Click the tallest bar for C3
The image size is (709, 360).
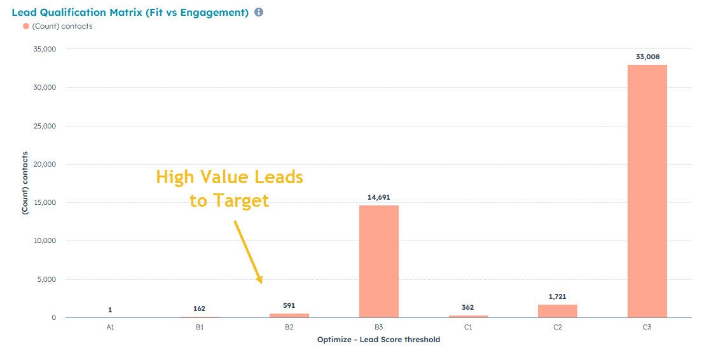(x=647, y=191)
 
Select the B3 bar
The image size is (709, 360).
(x=378, y=261)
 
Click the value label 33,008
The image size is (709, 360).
(x=647, y=57)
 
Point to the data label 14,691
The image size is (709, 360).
(x=378, y=197)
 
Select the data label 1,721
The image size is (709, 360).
(x=557, y=296)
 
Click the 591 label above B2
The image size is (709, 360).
(x=289, y=305)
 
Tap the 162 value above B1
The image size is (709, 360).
(x=199, y=308)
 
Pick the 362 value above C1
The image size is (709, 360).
(x=467, y=307)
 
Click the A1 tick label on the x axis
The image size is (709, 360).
(x=110, y=327)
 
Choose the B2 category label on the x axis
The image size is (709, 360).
(x=289, y=327)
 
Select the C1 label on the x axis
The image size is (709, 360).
(x=467, y=327)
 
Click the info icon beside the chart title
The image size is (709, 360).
(x=259, y=12)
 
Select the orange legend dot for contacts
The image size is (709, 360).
(x=25, y=26)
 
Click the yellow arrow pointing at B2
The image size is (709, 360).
(x=248, y=252)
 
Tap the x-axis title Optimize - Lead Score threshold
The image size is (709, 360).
(x=378, y=340)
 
